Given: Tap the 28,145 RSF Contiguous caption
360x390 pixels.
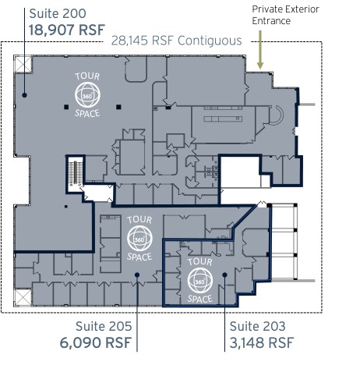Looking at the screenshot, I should [x=176, y=41].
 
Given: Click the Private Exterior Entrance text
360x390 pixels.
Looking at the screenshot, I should [x=282, y=15].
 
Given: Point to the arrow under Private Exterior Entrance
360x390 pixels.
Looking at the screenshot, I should [x=262, y=55].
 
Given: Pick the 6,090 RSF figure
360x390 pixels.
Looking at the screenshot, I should [x=95, y=342].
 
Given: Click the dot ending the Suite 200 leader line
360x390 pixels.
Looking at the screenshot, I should [x=26, y=95].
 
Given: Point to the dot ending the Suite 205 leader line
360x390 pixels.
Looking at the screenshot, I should [x=136, y=275].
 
